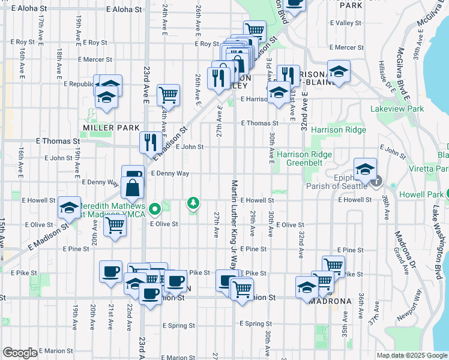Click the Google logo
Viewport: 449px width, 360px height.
pos(20,353)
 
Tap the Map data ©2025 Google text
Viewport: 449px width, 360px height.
pos(411,355)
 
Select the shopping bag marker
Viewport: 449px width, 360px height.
pos(132,187)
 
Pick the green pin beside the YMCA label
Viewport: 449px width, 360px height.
pos(155,209)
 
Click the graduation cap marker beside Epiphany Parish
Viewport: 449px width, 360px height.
pos(364,169)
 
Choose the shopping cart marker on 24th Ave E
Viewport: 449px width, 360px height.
pos(168,94)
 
